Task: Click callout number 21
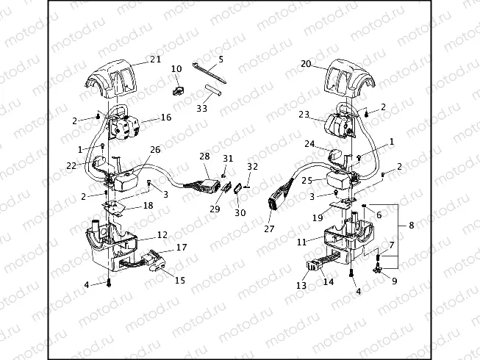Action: tap(155, 60)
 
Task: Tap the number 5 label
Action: tap(221, 58)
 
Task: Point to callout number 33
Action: tap(202, 108)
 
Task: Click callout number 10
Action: tap(176, 69)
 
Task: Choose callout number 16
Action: tap(166, 117)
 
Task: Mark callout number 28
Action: tap(205, 156)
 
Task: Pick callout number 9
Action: tap(394, 280)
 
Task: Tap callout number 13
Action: tap(301, 284)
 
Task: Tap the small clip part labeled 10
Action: tap(177, 92)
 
